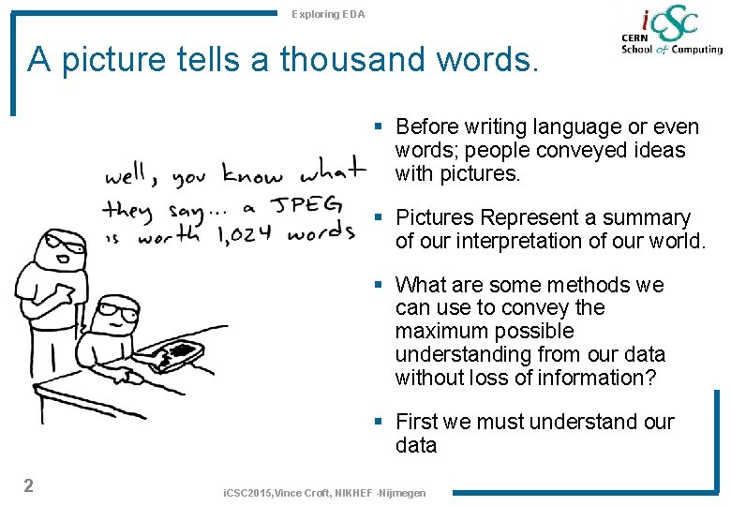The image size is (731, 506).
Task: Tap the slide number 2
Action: point(29,484)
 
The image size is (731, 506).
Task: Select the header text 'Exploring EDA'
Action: point(328,14)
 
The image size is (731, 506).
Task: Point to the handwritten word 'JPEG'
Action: point(307,205)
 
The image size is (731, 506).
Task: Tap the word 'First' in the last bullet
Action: point(419,422)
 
